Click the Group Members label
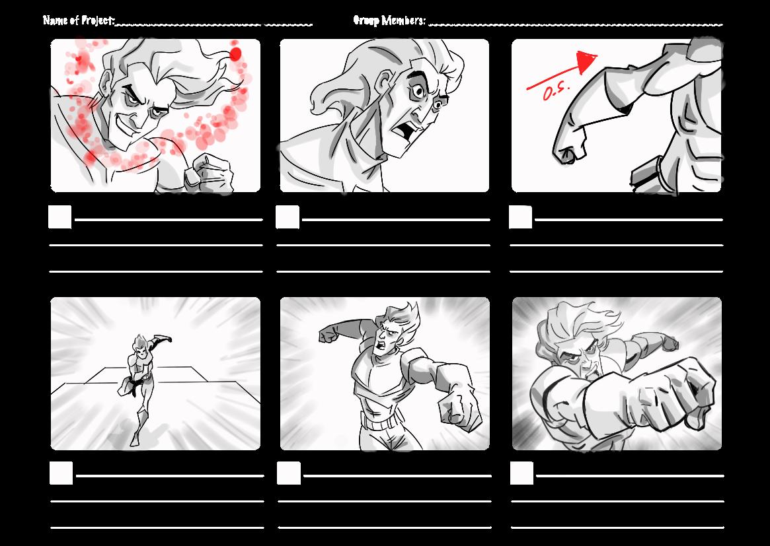pyautogui.click(x=389, y=20)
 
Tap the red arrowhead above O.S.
pyautogui.click(x=586, y=62)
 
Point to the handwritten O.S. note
pyautogui.click(x=556, y=92)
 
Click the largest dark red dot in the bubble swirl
pyautogui.click(x=235, y=55)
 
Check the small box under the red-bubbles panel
pyautogui.click(x=60, y=217)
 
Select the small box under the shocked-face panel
pyautogui.click(x=288, y=217)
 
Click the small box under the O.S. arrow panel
pyautogui.click(x=521, y=217)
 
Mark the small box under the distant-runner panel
pyautogui.click(x=61, y=473)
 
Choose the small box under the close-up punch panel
pyautogui.click(x=522, y=473)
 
